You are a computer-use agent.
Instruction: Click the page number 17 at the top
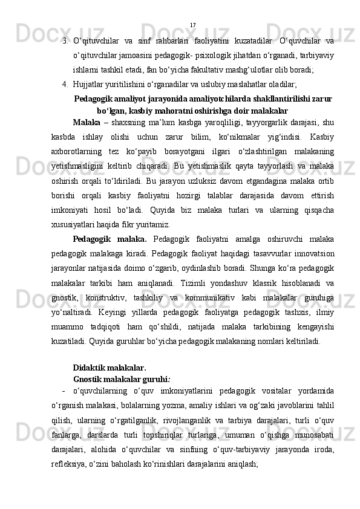click(x=192, y=25)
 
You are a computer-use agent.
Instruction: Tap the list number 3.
click(x=64, y=41)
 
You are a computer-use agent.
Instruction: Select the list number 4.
click(x=64, y=83)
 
